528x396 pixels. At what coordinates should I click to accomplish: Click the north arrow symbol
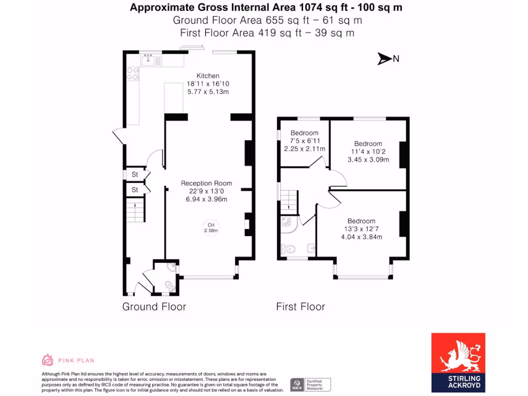point(385,59)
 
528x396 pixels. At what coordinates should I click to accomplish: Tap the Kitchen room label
point(208,76)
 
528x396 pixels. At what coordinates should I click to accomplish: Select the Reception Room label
point(206,183)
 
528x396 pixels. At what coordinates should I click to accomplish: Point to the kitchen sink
point(147,60)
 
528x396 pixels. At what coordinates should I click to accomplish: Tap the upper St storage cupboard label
point(135,175)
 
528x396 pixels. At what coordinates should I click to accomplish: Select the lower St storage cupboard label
point(135,190)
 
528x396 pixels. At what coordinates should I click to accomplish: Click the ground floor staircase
point(135,212)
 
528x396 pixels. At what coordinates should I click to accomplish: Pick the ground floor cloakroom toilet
point(168,285)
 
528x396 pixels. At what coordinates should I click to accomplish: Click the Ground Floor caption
point(154,307)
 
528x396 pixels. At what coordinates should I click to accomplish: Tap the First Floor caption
point(300,307)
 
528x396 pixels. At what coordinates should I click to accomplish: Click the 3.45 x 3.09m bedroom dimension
point(368,160)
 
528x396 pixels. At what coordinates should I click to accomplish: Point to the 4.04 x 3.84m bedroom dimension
point(361,237)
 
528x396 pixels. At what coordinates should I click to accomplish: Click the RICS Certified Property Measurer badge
point(310,385)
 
